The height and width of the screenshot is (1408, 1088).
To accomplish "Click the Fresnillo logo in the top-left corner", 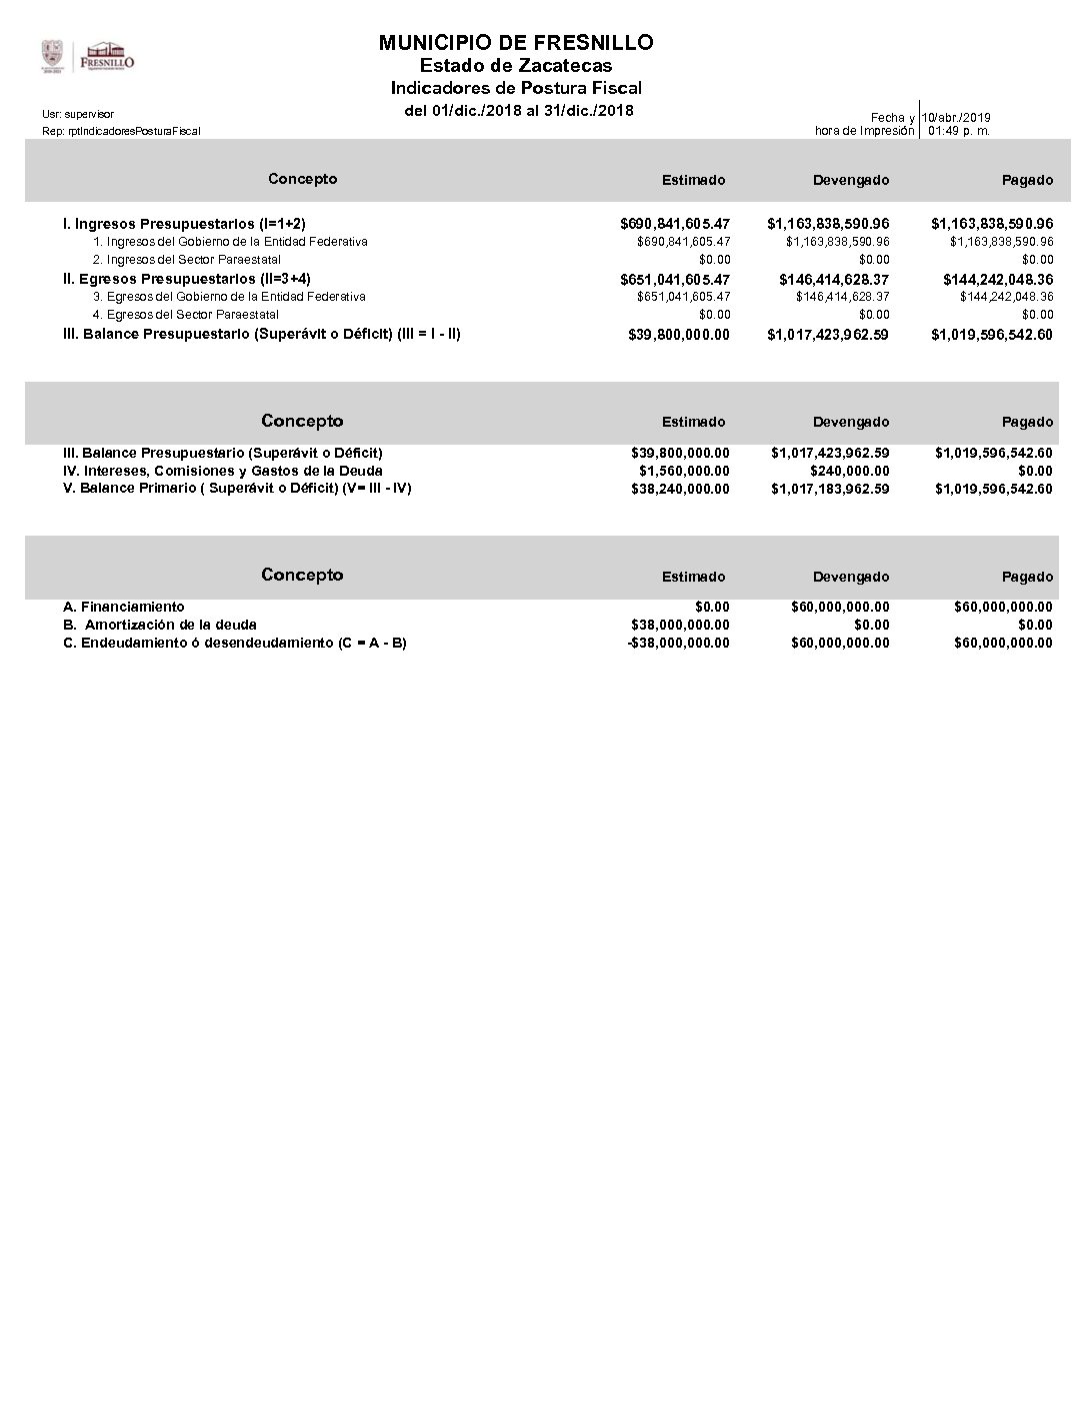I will tap(87, 56).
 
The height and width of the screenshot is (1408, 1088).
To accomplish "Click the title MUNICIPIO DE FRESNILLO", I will tap(516, 43).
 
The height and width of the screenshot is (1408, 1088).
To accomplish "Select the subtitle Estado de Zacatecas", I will tap(516, 66).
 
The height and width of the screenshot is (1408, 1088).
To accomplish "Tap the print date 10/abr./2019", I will tap(957, 118).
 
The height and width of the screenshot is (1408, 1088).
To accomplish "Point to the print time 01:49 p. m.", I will tap(959, 131).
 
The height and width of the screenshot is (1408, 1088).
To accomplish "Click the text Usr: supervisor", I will tap(78, 114).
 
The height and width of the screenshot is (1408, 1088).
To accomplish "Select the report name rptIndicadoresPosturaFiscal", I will tap(121, 131).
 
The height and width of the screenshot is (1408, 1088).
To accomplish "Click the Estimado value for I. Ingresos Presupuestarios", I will tap(675, 224).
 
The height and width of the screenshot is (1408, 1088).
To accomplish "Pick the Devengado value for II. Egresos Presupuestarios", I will tap(834, 280).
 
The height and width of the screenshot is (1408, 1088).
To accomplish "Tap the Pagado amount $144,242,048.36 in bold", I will tap(998, 280).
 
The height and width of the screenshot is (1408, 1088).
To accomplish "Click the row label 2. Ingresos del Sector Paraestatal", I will tap(186, 260).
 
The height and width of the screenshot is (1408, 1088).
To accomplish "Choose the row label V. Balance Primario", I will tap(237, 488).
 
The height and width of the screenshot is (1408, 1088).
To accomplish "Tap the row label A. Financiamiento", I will tap(123, 607).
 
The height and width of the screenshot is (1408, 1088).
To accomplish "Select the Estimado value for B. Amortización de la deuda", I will tap(680, 625).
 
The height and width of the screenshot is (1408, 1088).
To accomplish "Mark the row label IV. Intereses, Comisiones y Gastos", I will tap(222, 471).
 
